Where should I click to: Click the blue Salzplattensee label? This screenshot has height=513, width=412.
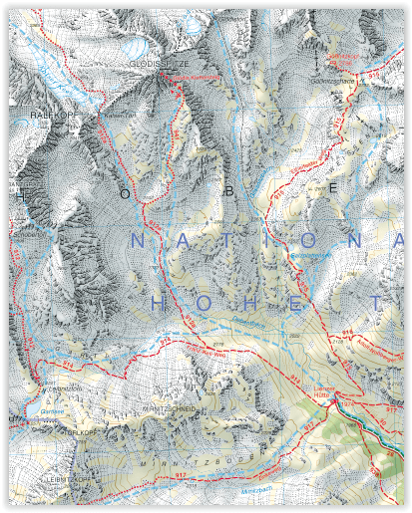tap(310, 255)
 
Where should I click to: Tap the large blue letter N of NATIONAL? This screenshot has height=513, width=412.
tap(139, 241)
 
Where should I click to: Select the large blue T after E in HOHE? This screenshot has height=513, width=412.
tap(375, 301)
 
